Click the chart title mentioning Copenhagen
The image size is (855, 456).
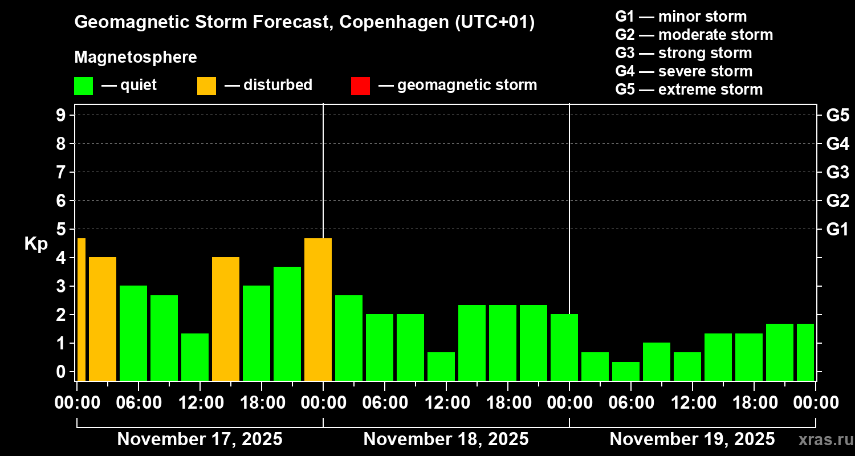pos(304,23)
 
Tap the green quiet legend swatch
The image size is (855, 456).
pos(83,86)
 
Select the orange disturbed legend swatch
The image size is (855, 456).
pos(206,86)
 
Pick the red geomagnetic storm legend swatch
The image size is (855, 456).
pos(360,86)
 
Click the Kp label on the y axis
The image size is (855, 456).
pos(36,244)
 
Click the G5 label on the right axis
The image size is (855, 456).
pos(837,116)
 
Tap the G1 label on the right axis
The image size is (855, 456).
pos(837,230)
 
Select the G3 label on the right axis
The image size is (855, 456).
pos(837,173)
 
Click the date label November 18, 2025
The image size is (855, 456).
pos(446,439)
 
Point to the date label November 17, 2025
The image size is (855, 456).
pos(199,439)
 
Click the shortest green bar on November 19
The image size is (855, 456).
pos(626,371)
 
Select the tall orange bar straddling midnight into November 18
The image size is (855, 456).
pos(318,310)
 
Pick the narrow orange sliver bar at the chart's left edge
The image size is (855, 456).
pos(81,310)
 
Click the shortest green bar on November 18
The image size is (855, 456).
pos(441,367)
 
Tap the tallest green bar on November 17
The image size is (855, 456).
pos(287,324)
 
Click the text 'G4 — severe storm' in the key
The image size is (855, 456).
pos(683,71)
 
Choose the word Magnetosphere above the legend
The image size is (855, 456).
pos(136,58)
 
